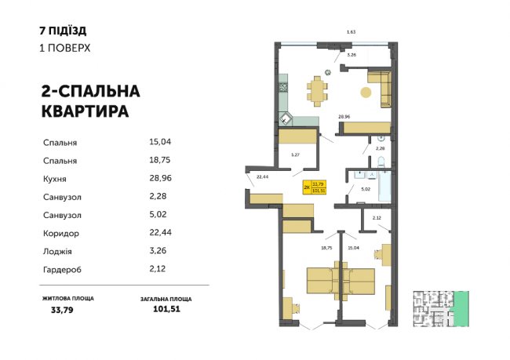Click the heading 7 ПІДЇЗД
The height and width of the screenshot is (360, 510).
point(62,31)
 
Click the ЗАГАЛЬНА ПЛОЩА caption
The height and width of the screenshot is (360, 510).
point(166,299)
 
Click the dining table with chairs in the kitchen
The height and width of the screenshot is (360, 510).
point(317,89)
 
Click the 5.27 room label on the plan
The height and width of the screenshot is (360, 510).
point(295,155)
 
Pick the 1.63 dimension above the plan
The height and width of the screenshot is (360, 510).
point(352,31)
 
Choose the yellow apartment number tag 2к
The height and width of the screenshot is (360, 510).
point(306,187)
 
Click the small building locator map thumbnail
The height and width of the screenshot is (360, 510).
point(435,307)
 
